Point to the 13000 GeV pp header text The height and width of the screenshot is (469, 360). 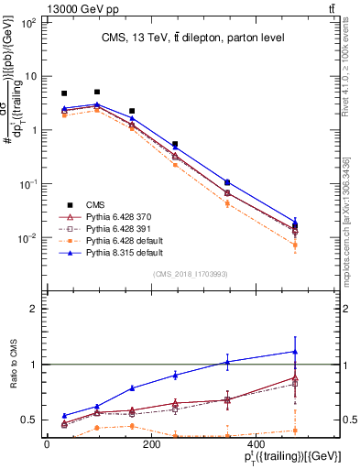tap(44, 8)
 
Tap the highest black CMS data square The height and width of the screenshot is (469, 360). tap(97, 92)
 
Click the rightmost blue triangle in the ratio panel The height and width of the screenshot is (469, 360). tap(295, 352)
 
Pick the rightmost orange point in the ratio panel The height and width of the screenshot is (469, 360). tap(295, 431)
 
